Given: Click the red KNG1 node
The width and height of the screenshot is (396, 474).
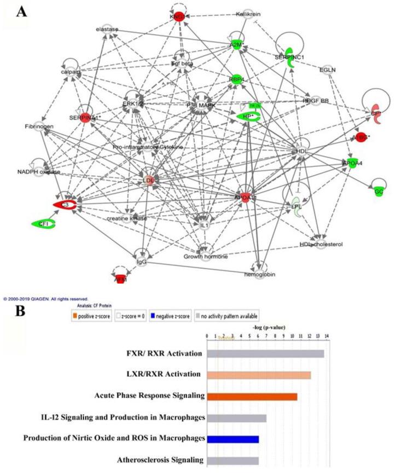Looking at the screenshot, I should [177, 17].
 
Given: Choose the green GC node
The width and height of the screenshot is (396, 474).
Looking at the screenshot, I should [378, 191].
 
